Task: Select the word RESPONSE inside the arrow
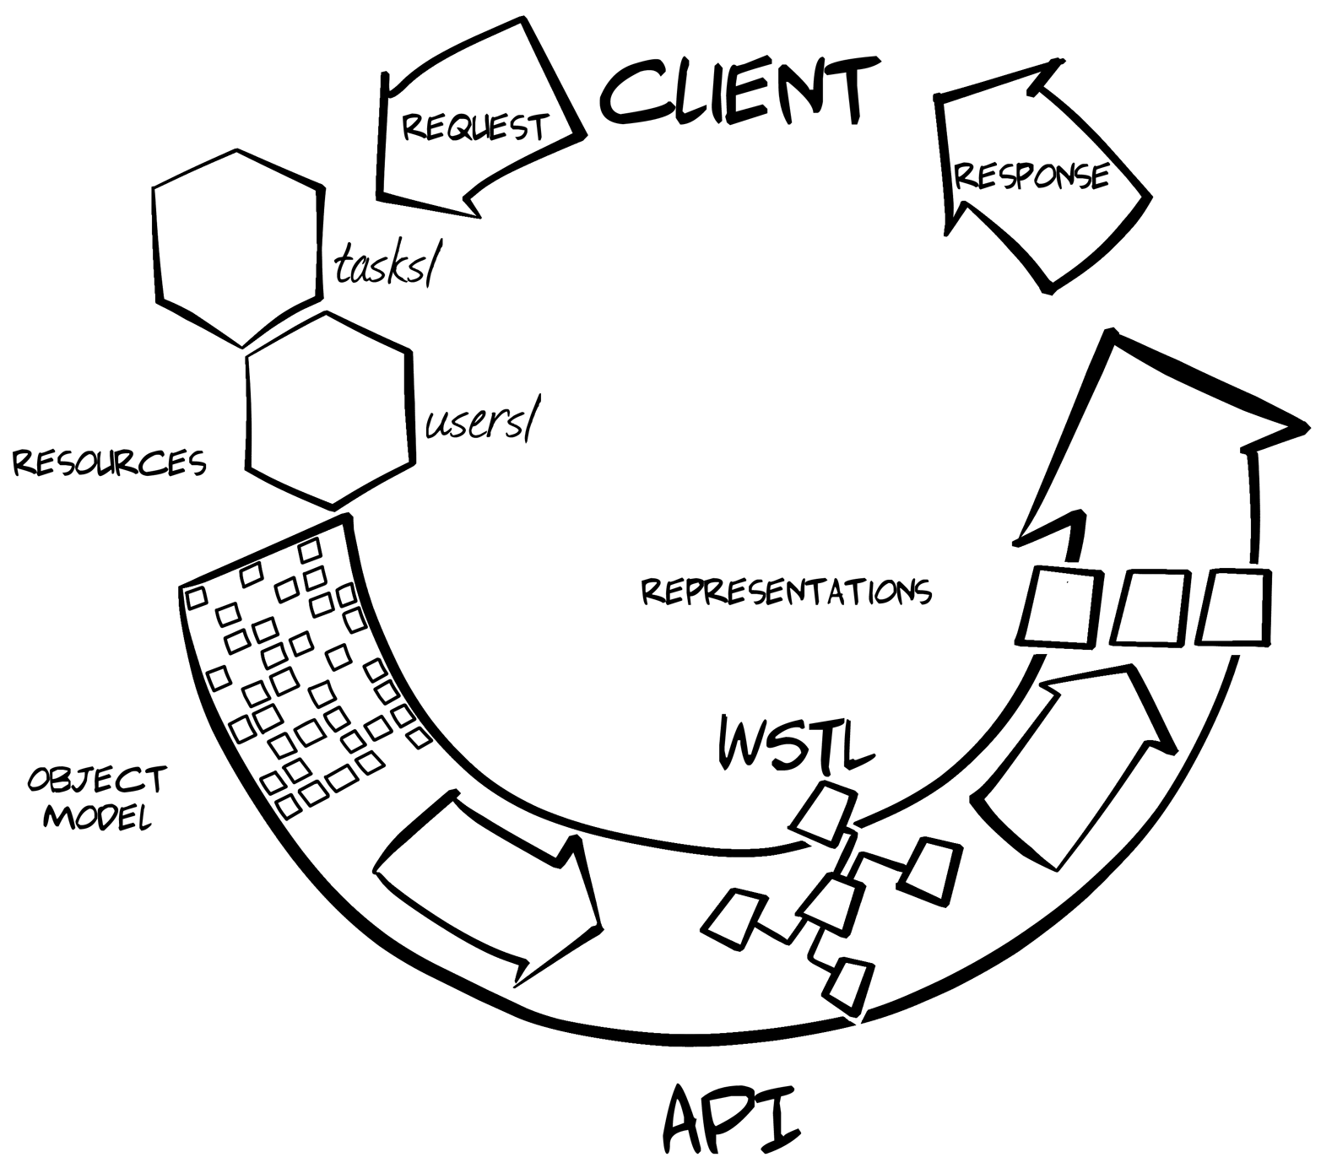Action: [x=1031, y=176]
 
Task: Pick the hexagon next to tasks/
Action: [x=239, y=247]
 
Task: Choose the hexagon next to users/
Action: [x=330, y=411]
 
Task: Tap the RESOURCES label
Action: [x=109, y=462]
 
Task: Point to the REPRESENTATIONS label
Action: [x=786, y=591]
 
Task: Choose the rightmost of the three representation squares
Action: [x=1234, y=608]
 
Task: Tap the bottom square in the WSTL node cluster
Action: [x=849, y=986]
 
